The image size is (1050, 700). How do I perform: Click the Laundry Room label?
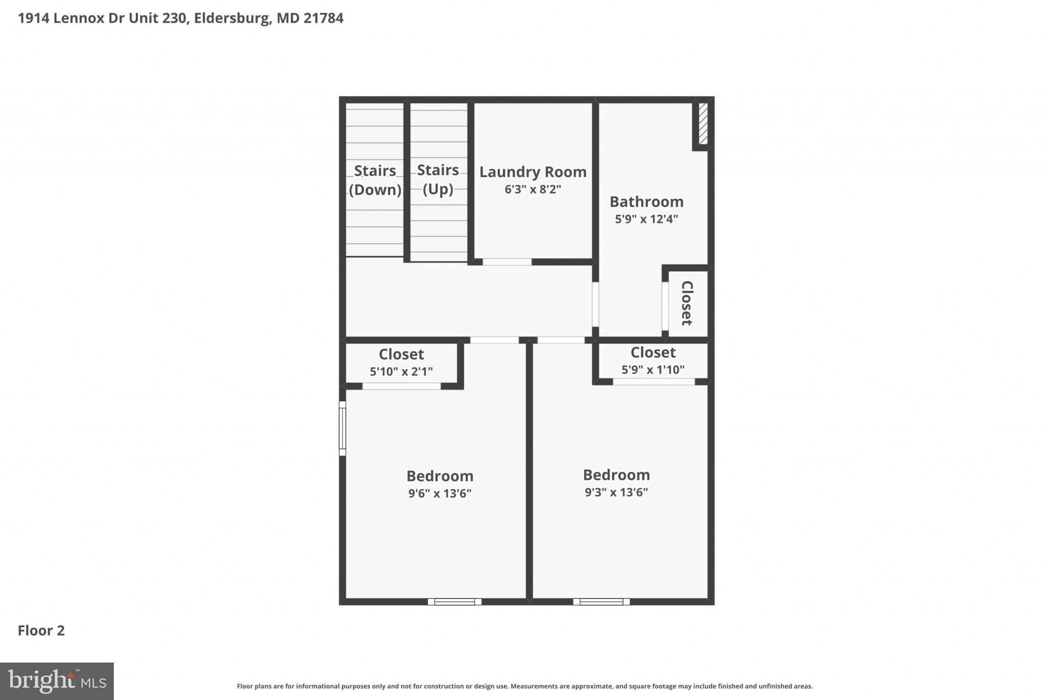pos(533,172)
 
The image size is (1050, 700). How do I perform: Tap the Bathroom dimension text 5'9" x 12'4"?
pos(646,219)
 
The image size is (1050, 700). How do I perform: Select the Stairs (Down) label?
pos(375,180)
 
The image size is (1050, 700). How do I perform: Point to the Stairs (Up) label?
pos(438,179)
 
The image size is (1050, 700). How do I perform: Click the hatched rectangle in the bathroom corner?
pos(703,124)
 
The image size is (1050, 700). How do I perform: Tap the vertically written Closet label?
pos(686,303)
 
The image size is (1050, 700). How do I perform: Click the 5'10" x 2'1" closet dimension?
pos(401,371)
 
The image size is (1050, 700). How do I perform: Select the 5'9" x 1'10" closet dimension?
pos(653,369)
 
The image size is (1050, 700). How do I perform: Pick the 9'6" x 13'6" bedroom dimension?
pos(439,493)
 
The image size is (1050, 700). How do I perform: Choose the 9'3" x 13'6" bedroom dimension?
pos(616,492)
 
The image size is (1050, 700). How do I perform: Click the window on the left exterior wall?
pos(342,428)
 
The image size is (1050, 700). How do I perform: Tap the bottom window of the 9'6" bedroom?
pos(454,602)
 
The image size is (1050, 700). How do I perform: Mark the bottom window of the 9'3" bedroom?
pos(601,602)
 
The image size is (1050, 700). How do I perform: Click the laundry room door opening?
pos(507,262)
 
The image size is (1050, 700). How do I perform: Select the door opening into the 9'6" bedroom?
pos(494,340)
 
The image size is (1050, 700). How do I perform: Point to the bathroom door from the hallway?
pos(595,304)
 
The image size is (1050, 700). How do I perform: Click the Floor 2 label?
pos(41,630)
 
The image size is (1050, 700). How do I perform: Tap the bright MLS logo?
pos(57,681)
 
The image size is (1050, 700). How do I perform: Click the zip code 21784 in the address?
pos(323,18)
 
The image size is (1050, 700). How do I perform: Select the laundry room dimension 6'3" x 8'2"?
pos(533,189)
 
